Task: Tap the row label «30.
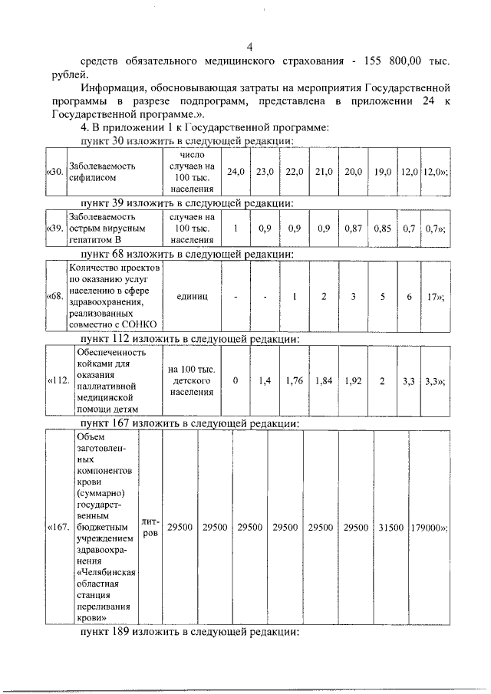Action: (54, 171)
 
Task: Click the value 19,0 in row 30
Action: (381, 171)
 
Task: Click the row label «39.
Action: (54, 229)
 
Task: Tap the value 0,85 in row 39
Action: (381, 229)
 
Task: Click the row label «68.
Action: (54, 295)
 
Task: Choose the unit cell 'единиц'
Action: (192, 295)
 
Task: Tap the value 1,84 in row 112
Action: (323, 381)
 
